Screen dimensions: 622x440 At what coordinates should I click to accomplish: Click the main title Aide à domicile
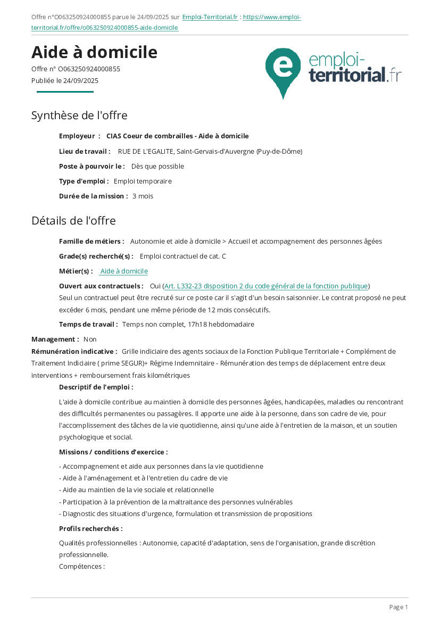coord(94,52)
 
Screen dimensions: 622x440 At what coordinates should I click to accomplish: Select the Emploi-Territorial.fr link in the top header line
coord(210,17)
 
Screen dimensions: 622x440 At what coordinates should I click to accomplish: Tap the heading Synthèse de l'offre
coord(79,115)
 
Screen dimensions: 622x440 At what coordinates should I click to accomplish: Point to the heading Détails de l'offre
coord(73,220)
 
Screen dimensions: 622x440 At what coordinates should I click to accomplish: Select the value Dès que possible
coord(157,166)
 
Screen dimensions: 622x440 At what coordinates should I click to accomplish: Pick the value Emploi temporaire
coord(143,181)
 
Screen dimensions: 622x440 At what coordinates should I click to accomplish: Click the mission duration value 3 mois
coord(143,196)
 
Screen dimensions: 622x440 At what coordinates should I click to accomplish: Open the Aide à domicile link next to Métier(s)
coord(124,271)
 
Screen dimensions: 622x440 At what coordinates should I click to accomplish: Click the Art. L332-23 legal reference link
coord(266,286)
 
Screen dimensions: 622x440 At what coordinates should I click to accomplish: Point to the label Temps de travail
coord(88,324)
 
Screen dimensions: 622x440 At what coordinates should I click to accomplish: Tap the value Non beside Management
coord(90,339)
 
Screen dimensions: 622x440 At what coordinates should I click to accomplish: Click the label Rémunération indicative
coord(74,351)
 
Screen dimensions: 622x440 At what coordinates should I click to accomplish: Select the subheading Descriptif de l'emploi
coord(96,387)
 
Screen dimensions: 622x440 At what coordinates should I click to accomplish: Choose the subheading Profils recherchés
coord(90,528)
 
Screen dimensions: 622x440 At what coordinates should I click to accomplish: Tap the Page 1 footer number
coord(399,607)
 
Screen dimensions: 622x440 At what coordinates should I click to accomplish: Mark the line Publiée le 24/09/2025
coord(65,81)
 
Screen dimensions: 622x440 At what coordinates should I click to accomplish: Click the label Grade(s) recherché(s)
coord(96,256)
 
